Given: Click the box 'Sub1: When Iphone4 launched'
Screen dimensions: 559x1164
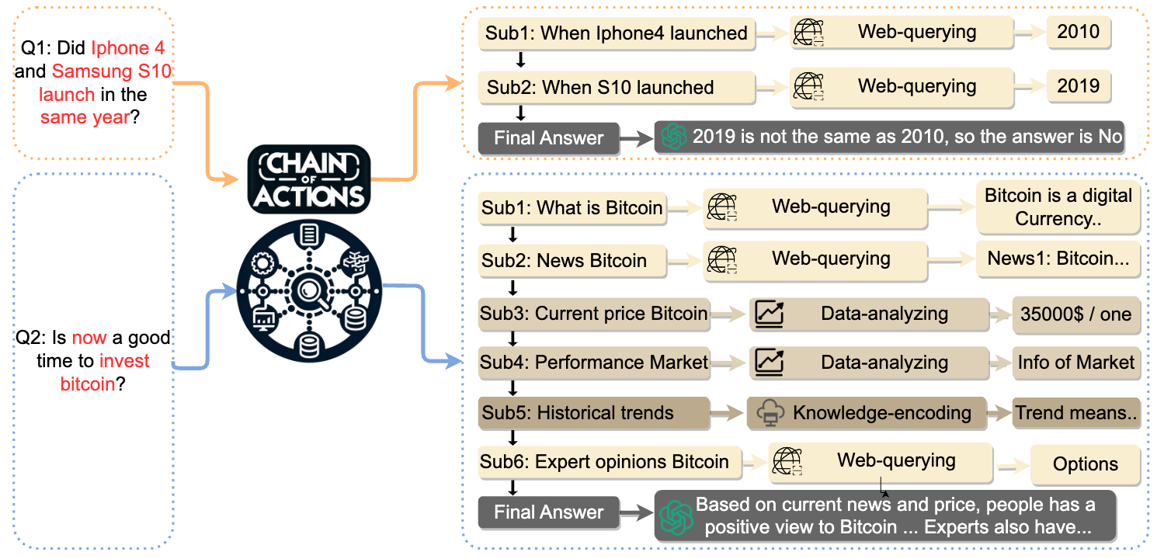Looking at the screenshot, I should coord(617,33).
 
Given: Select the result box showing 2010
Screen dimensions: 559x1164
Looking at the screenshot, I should coord(1079,33).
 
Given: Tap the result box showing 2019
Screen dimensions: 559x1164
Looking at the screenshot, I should coord(1079,85).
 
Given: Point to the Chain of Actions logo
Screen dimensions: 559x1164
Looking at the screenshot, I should coord(309,179).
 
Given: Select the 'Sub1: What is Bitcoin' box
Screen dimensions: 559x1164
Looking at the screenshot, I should coord(572,208).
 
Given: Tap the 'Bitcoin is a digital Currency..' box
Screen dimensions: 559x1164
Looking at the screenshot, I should coord(1058,207).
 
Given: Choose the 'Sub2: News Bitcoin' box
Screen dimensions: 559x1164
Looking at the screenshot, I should coord(572,260).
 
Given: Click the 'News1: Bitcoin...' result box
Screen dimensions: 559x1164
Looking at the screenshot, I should coord(1058,259).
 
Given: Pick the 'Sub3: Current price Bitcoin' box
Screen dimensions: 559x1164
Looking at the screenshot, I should coord(594,314).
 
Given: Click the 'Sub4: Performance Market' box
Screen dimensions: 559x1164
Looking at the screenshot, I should coord(594,363).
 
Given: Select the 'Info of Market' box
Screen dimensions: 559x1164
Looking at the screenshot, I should coord(1076,363).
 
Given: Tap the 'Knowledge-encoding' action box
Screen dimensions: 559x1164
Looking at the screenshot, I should coord(867,413).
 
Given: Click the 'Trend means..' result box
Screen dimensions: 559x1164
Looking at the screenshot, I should coord(1076,413).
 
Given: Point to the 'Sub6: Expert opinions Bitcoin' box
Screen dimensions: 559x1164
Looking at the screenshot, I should coord(605,463).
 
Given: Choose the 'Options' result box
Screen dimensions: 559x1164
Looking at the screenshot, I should coord(1085,464).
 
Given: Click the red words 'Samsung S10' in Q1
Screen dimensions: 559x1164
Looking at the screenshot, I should coord(112,71).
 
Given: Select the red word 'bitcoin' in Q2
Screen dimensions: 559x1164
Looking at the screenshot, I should coord(88,384).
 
